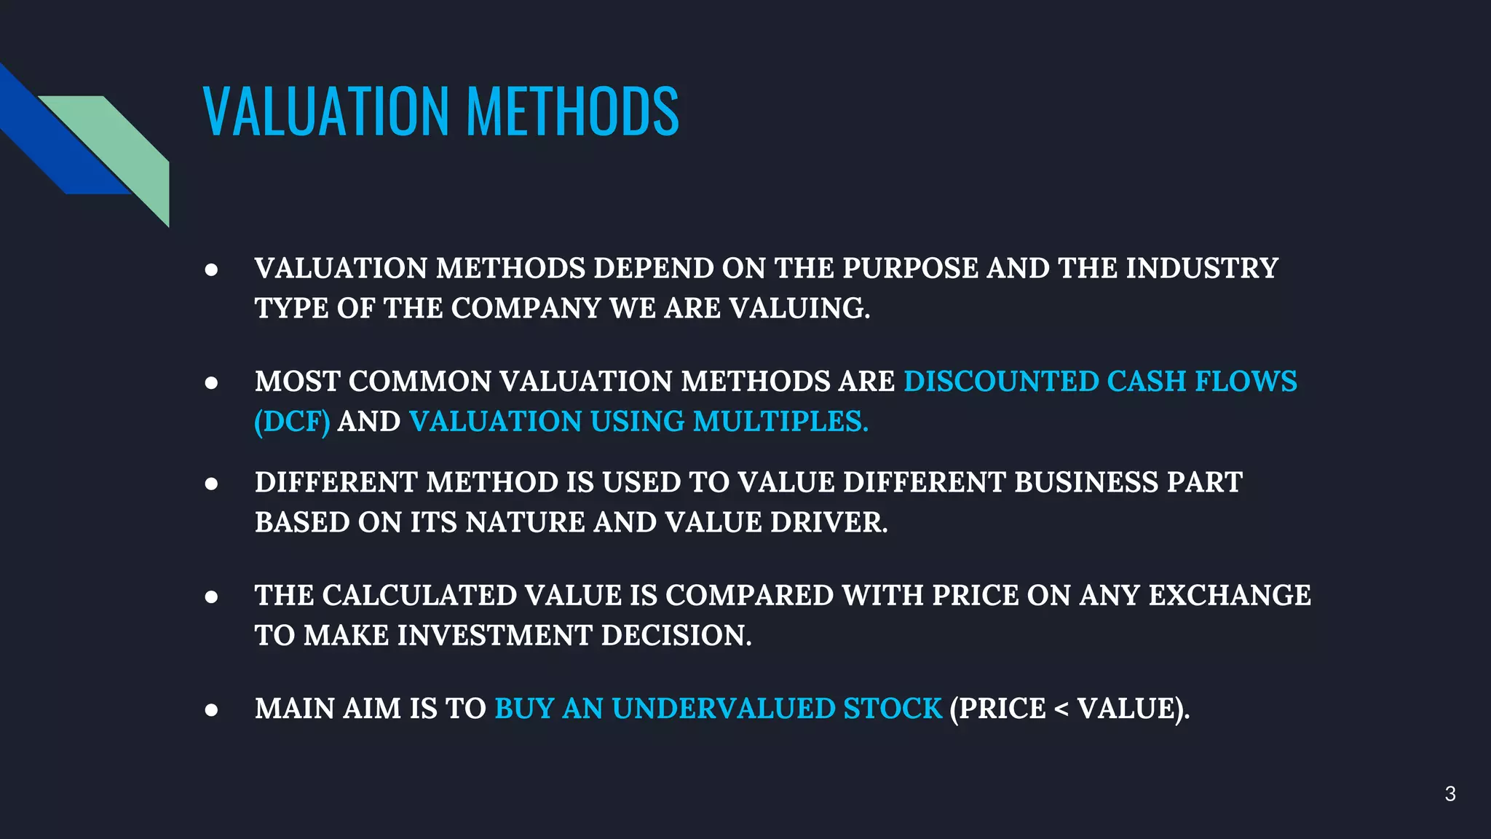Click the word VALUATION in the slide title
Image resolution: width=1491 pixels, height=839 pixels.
pos(326,111)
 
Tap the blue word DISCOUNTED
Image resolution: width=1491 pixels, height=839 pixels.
pos(1001,382)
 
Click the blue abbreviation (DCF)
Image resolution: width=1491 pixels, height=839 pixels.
pos(292,422)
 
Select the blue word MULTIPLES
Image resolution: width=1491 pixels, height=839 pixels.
pos(780,422)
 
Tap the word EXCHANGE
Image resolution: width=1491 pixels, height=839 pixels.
pos(1230,596)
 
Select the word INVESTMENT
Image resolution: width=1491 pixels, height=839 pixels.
pos(494,636)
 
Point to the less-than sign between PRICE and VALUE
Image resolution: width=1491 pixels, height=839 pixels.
pos(1061,709)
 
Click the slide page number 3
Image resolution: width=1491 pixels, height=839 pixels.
pos(1450,794)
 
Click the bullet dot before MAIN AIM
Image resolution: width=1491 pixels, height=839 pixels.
pos(211,710)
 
